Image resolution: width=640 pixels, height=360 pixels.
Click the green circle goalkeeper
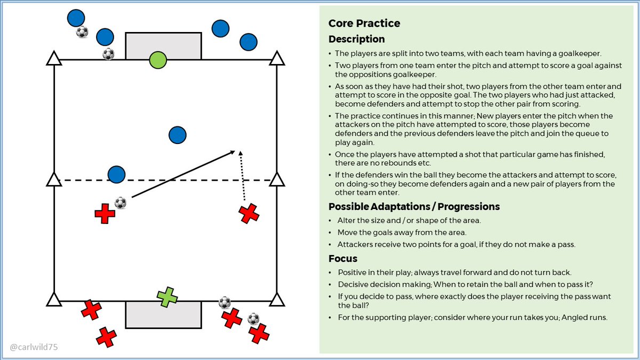(x=158, y=60)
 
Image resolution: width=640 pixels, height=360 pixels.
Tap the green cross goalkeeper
(x=167, y=297)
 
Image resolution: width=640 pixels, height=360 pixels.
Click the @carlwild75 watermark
(x=34, y=347)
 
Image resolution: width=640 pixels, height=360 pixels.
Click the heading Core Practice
(x=364, y=23)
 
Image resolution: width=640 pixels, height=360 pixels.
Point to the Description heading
(x=356, y=39)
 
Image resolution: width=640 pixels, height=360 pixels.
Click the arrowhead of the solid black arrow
(x=233, y=153)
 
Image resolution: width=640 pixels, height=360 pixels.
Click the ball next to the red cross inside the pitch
(x=121, y=203)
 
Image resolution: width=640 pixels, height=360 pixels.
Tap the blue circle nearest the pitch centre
(x=177, y=135)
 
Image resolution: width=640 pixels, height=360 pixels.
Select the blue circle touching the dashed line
(x=116, y=174)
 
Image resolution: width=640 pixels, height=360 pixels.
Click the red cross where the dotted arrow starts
(x=249, y=214)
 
